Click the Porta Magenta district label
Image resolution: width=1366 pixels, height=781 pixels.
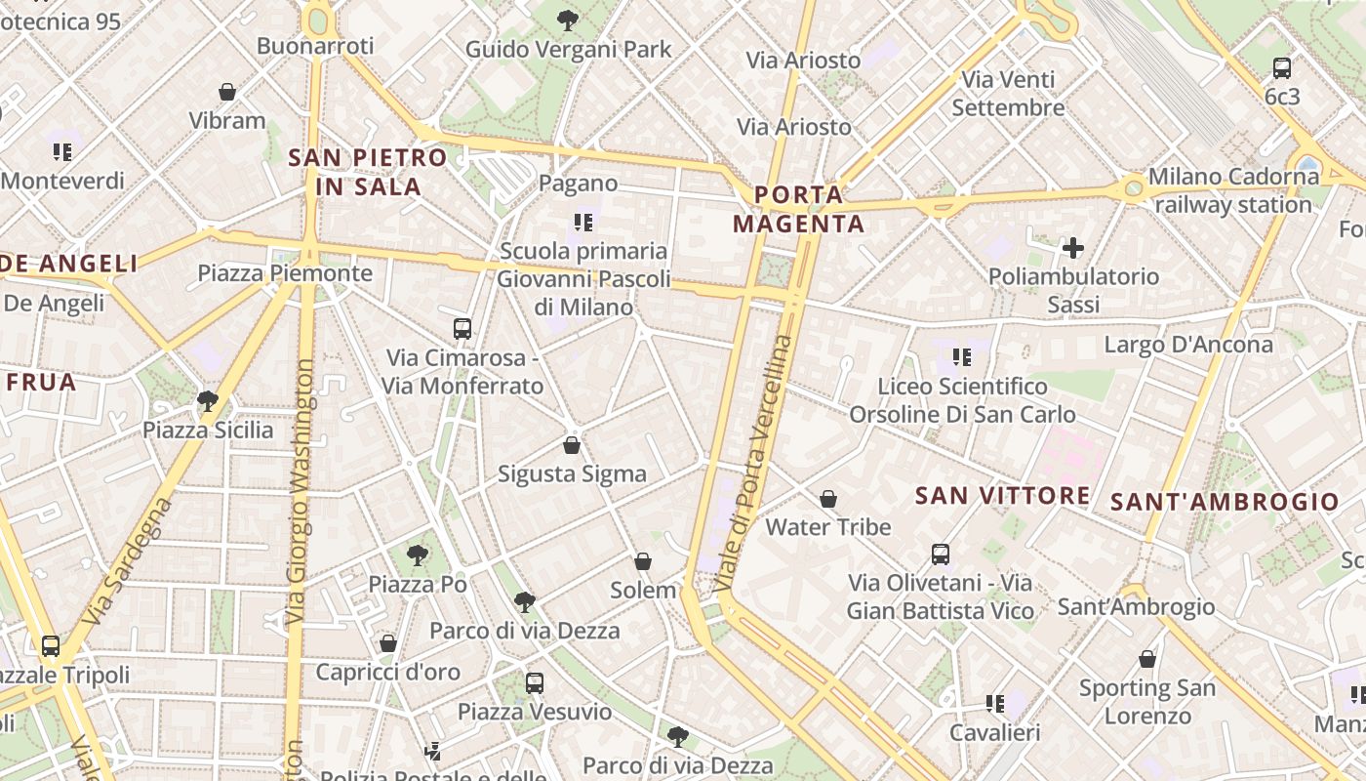pyautogui.click(x=798, y=209)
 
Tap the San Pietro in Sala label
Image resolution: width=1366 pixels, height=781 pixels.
pyautogui.click(x=368, y=172)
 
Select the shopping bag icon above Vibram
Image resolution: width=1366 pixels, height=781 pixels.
pyautogui.click(x=227, y=92)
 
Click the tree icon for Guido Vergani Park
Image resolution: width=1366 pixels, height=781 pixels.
pyautogui.click(x=567, y=20)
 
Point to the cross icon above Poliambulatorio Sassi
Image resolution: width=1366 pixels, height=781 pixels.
pyautogui.click(x=1073, y=248)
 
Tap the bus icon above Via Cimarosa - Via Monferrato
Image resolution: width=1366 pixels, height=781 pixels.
pyautogui.click(x=462, y=329)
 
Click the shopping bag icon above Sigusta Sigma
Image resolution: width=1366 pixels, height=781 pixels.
pyautogui.click(x=572, y=445)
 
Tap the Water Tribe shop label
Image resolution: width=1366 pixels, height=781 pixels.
pyautogui.click(x=828, y=527)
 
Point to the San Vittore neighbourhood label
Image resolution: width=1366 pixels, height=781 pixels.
pyautogui.click(x=1002, y=496)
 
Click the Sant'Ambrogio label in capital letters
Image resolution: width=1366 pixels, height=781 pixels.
pyautogui.click(x=1225, y=503)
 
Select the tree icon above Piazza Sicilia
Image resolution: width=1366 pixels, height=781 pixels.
pyautogui.click(x=207, y=400)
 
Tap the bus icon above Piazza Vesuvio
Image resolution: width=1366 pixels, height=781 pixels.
pyautogui.click(x=535, y=682)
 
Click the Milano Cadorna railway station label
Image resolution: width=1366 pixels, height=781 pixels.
pyautogui.click(x=1233, y=190)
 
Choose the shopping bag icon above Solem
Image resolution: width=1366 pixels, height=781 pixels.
pyautogui.click(x=643, y=561)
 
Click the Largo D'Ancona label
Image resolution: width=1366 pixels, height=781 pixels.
pyautogui.click(x=1188, y=345)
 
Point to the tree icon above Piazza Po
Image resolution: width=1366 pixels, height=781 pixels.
pyautogui.click(x=418, y=555)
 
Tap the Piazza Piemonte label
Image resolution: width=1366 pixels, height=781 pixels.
pyautogui.click(x=285, y=272)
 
